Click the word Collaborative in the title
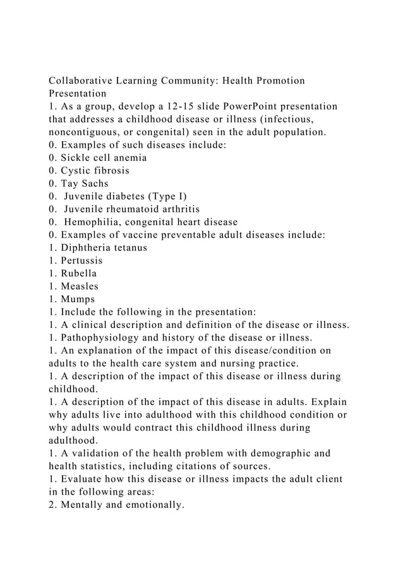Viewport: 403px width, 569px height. [x=85, y=81]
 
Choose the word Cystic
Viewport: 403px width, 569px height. [x=76, y=170]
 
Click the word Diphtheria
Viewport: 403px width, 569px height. [x=90, y=247]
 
